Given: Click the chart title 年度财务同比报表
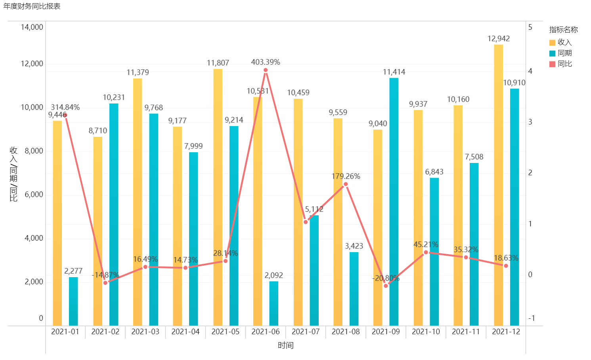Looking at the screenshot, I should [x=32, y=6].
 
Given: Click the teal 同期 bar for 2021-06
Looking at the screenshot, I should [x=274, y=303].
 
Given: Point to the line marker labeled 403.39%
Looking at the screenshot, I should [x=266, y=70].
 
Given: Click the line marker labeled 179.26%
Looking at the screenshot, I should [x=346, y=184].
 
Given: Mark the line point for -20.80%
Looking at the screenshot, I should [x=386, y=285].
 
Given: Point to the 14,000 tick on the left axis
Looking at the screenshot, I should [x=32, y=27].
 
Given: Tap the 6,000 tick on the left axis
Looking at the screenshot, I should [x=34, y=194].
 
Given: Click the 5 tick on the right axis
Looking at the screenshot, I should [x=530, y=27].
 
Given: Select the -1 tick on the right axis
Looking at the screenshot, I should [x=532, y=318].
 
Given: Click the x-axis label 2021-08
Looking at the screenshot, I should [x=346, y=331].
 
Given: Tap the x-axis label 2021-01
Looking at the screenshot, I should [x=65, y=331].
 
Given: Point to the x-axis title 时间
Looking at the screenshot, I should [x=285, y=345].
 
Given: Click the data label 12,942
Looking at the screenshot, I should [x=498, y=38].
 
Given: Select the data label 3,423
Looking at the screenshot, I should [x=354, y=246].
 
